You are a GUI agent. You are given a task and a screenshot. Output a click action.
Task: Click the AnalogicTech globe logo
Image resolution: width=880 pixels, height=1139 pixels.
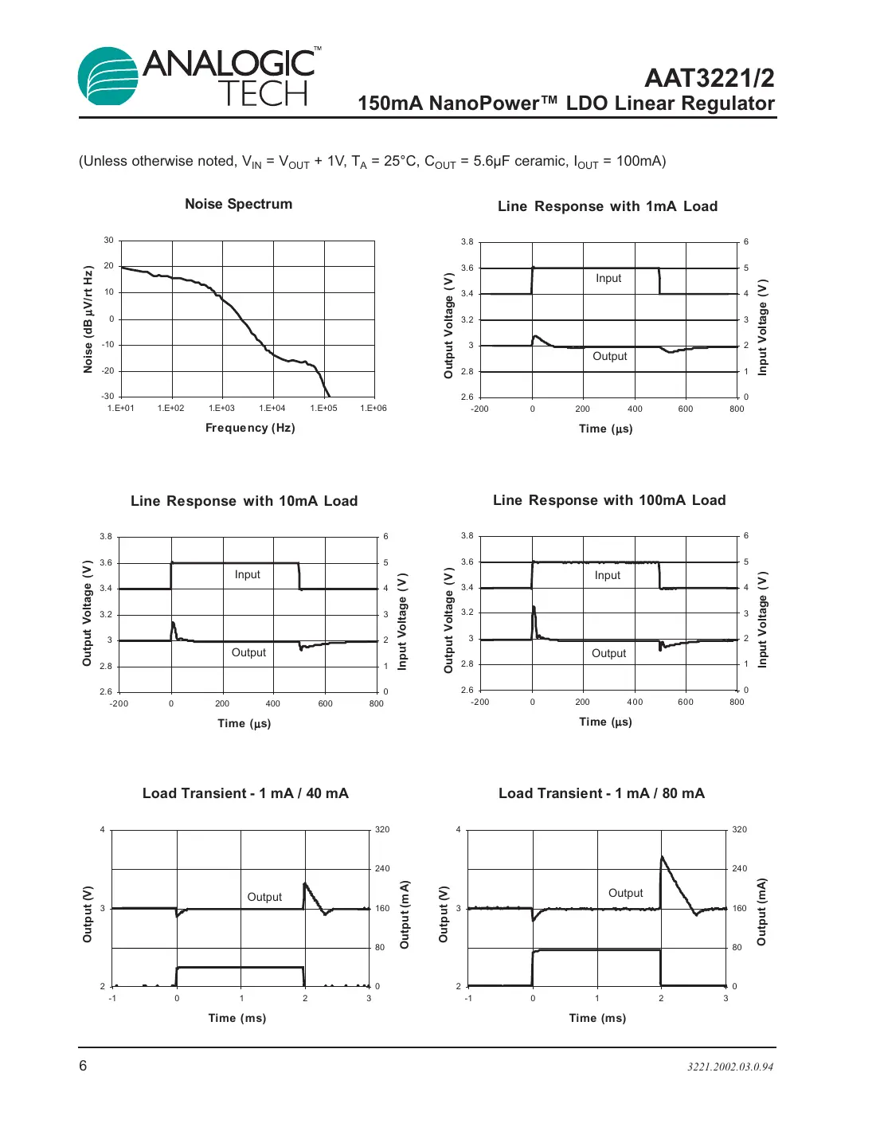click(x=108, y=76)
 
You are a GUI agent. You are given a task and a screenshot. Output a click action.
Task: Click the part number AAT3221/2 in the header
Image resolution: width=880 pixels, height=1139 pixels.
click(x=709, y=78)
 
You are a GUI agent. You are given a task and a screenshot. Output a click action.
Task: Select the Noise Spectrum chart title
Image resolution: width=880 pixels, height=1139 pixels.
click(x=238, y=204)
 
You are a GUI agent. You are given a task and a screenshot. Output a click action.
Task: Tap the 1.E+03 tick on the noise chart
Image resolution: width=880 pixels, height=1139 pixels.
click(x=221, y=409)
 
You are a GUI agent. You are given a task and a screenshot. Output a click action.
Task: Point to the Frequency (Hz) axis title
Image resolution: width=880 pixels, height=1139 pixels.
click(x=250, y=428)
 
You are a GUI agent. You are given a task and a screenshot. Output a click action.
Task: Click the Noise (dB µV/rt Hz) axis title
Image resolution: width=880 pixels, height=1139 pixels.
click(x=88, y=319)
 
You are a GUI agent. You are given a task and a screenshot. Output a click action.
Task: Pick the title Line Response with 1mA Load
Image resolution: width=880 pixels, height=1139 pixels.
click(x=608, y=206)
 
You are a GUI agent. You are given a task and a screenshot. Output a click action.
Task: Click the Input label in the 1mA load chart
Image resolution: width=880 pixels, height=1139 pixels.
click(x=608, y=278)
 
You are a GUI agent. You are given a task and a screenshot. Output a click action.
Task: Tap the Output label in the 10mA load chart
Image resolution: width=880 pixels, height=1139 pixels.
click(x=248, y=652)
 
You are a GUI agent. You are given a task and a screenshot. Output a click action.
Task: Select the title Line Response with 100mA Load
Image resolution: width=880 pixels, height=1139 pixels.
click(x=609, y=500)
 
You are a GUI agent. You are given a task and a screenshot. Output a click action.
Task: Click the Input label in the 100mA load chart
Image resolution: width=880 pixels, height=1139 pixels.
click(x=608, y=575)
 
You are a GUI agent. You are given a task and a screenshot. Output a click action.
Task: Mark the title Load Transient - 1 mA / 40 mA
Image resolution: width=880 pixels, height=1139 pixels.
click(x=245, y=793)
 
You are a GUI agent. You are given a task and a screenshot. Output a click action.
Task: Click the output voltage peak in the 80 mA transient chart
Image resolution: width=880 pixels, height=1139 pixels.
click(x=662, y=857)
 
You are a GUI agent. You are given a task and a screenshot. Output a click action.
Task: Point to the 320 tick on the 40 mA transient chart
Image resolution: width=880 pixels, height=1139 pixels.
click(x=382, y=830)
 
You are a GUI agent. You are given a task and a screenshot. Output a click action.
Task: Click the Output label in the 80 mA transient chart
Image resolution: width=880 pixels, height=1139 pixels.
click(x=625, y=893)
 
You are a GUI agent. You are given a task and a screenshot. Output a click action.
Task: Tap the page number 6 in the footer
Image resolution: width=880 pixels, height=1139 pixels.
click(x=83, y=1066)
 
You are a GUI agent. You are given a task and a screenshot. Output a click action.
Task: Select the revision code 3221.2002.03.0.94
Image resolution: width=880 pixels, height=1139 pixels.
click(x=730, y=1067)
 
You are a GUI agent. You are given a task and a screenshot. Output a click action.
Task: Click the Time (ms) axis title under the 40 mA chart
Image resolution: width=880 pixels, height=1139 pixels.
click(x=237, y=1018)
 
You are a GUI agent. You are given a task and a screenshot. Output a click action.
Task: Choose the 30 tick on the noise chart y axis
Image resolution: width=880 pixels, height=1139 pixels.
click(x=108, y=241)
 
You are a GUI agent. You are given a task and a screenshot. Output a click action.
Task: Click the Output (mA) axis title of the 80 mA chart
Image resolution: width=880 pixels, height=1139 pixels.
click(x=762, y=912)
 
